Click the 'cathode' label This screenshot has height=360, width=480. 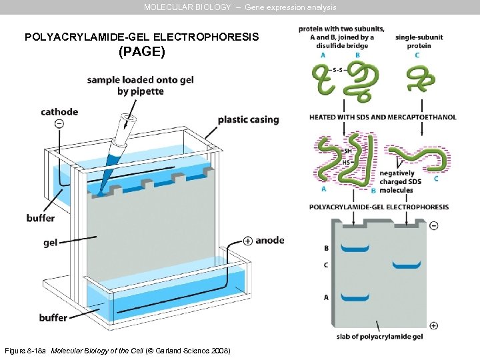59,112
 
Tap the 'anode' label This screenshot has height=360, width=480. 269,240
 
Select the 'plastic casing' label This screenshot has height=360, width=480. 248,120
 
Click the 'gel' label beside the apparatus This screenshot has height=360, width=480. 50,243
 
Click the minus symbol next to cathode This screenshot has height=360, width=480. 59,124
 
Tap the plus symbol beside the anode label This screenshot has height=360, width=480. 247,241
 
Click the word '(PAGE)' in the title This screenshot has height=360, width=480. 141,51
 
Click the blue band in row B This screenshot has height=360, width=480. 355,249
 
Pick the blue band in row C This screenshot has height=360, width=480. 407,265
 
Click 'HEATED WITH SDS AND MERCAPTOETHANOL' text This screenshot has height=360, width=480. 383,117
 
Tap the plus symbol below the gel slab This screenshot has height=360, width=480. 434,325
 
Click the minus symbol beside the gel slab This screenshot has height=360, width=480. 434,225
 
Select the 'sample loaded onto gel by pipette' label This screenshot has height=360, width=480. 140,85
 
